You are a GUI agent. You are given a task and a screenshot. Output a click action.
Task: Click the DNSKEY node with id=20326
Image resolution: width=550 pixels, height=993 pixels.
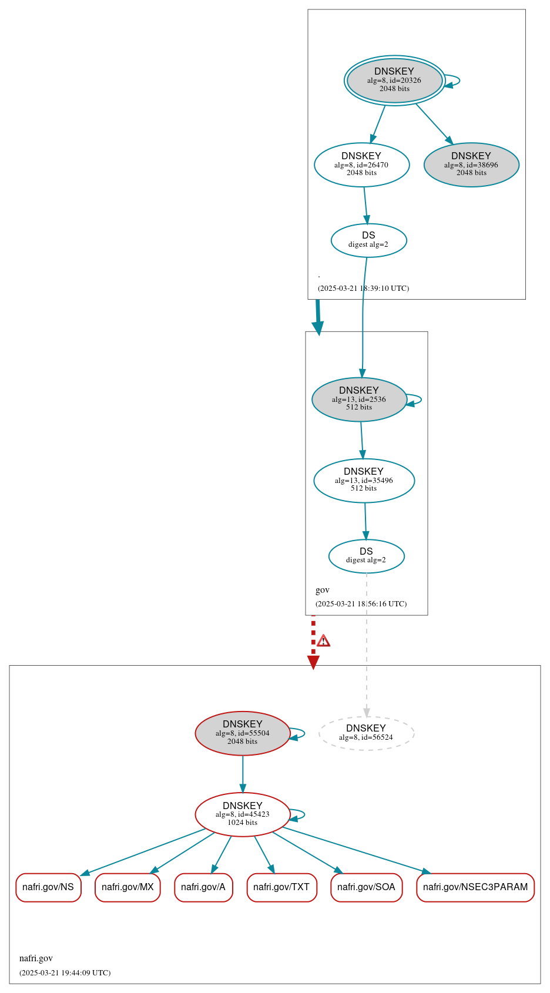(394, 80)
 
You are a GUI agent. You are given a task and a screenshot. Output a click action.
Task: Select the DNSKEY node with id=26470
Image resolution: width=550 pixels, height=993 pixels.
(361, 165)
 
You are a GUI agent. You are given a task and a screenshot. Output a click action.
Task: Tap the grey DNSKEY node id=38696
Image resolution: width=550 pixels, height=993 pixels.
(471, 165)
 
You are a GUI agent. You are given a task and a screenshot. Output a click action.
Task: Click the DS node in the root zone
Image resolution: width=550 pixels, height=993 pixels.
(368, 240)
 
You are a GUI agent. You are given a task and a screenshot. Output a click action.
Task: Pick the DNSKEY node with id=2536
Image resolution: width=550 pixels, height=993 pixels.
(359, 400)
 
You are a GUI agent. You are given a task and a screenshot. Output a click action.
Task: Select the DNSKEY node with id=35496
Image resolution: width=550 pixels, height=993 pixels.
(364, 481)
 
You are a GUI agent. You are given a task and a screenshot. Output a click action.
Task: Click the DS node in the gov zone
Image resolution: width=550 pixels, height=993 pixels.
(366, 556)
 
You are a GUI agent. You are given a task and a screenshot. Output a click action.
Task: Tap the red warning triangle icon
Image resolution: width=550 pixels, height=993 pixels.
(323, 641)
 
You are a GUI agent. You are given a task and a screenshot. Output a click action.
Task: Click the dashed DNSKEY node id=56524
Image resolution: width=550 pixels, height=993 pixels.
(366, 733)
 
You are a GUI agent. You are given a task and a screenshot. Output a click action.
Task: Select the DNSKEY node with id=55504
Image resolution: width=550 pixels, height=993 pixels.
(242, 733)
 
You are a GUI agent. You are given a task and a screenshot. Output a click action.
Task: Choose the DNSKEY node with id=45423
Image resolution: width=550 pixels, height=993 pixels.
(242, 814)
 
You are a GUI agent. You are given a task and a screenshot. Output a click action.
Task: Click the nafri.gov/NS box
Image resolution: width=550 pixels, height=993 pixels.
(48, 887)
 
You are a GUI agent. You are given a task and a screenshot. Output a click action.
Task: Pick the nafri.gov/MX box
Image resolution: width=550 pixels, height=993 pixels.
(128, 887)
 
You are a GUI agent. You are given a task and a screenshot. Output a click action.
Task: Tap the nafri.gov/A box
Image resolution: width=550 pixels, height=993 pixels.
(203, 887)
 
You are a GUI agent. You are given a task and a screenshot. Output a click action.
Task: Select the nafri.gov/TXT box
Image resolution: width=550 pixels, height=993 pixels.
(281, 887)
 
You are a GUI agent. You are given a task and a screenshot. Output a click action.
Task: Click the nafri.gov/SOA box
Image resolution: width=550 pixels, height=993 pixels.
(366, 887)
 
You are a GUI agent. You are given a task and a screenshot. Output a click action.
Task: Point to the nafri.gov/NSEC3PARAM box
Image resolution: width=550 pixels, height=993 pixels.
(475, 887)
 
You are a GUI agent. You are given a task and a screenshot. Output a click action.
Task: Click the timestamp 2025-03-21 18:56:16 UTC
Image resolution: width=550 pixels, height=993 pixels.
(361, 604)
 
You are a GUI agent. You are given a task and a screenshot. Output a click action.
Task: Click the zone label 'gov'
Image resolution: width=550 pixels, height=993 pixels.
(323, 590)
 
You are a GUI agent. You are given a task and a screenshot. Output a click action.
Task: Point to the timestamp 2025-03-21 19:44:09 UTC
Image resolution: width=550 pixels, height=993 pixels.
(65, 973)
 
